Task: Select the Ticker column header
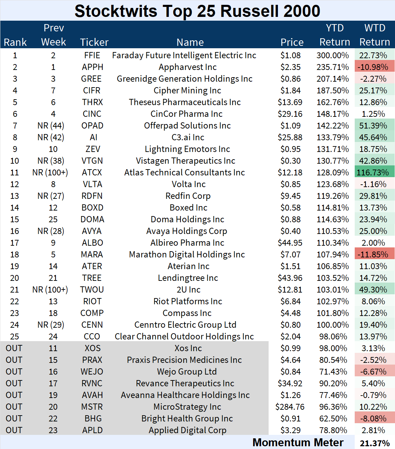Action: coord(94,42)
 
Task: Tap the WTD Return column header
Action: coord(375,35)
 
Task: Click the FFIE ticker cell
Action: coord(92,55)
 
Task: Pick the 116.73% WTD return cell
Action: coord(374,173)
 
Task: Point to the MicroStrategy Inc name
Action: coord(187,407)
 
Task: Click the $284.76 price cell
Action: coord(290,407)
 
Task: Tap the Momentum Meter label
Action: coord(298,442)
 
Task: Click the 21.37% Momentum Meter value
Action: coord(375,443)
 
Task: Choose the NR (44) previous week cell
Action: coord(51,126)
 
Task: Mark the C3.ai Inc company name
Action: coord(188,137)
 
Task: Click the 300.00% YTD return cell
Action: coord(333,55)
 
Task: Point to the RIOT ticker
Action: coord(92,302)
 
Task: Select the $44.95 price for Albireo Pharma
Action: coord(290,243)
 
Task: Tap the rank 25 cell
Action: coord(15,337)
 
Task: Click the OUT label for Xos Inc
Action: coord(14,348)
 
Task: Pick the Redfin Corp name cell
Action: coord(188,196)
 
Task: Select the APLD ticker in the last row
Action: coord(92,430)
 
